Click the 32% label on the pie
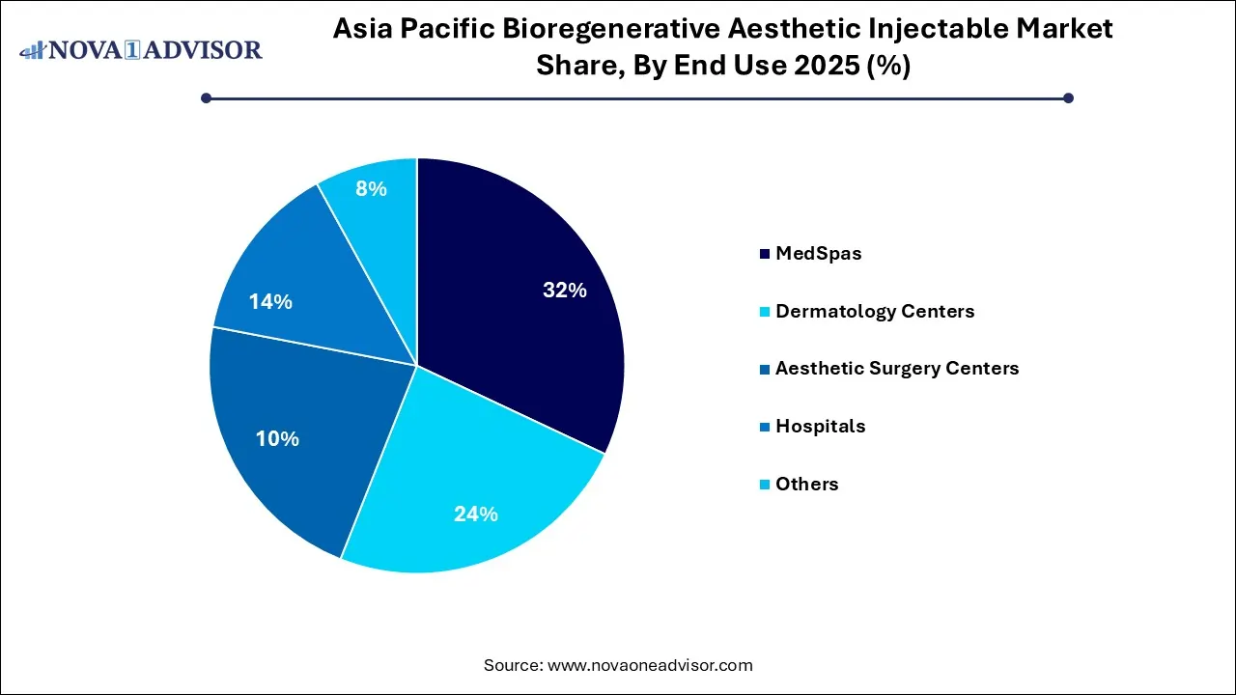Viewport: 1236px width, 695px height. pyautogui.click(x=565, y=290)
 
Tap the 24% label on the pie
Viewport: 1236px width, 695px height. pyautogui.click(x=476, y=514)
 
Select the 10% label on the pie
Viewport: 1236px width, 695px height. pyautogui.click(x=277, y=438)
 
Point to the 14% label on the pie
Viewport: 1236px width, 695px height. pyautogui.click(x=270, y=302)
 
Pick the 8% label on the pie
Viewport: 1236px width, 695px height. pyautogui.click(x=371, y=189)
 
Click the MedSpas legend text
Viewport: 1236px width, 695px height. pyautogui.click(x=818, y=254)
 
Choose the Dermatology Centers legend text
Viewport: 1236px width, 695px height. pyautogui.click(x=875, y=311)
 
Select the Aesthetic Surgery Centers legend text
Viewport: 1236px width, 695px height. pyautogui.click(x=897, y=368)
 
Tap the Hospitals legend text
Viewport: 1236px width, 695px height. pyautogui.click(x=820, y=426)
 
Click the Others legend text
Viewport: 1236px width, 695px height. pyautogui.click(x=806, y=484)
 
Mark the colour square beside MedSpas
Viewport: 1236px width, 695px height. pyautogui.click(x=765, y=254)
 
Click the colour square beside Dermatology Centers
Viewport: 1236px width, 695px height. pyautogui.click(x=765, y=312)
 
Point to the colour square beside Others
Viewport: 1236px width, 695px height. pyautogui.click(x=765, y=484)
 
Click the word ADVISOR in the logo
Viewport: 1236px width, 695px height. pyautogui.click(x=205, y=49)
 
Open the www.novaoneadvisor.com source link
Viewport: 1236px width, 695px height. pyautogui.click(x=650, y=665)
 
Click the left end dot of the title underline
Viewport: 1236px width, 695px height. pyautogui.click(x=206, y=97)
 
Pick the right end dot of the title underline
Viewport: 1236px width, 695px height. pyautogui.click(x=1068, y=97)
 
